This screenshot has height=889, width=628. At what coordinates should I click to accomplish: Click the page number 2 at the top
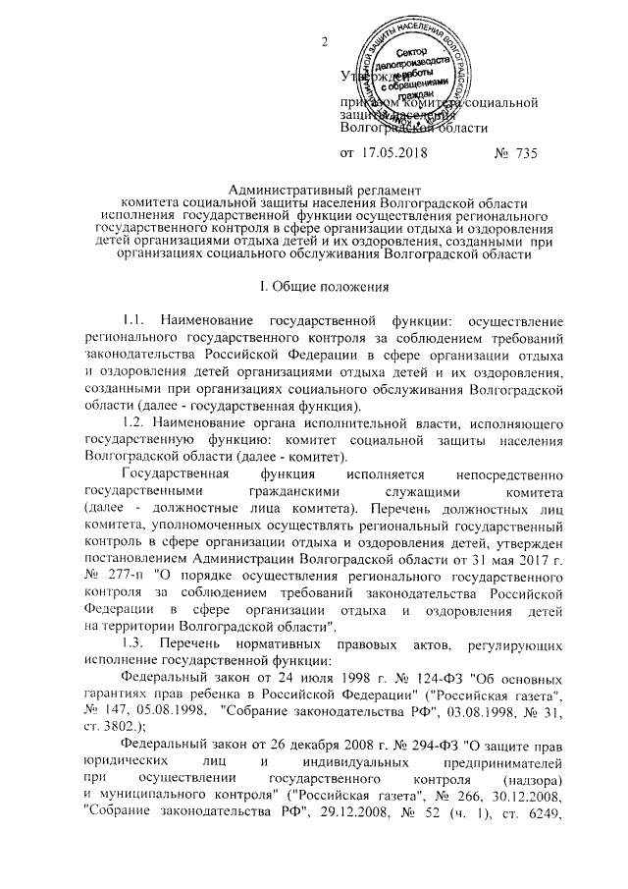(323, 42)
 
